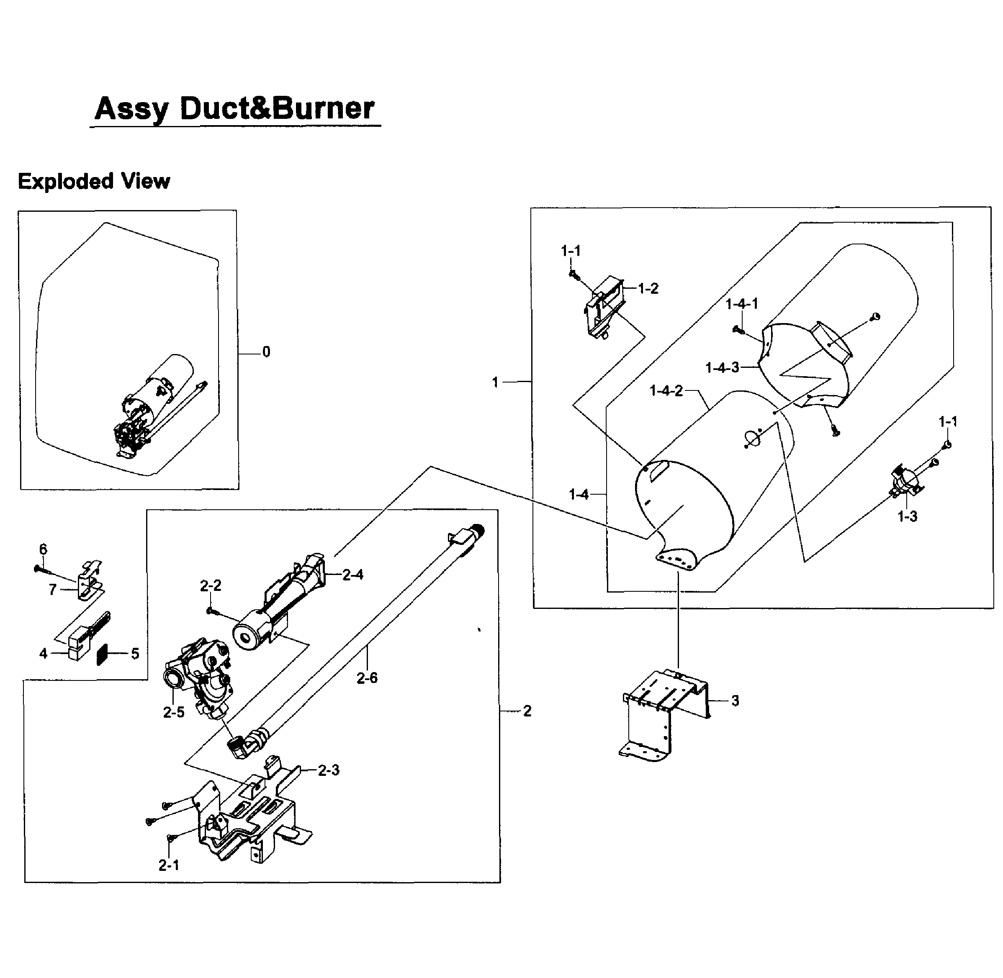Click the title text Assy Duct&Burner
235,109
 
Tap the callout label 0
266,352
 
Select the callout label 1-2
648,289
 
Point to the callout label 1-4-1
741,304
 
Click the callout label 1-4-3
722,368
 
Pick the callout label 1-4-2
666,391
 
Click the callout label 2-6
367,678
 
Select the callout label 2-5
174,712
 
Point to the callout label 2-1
169,865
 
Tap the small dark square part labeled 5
103,654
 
